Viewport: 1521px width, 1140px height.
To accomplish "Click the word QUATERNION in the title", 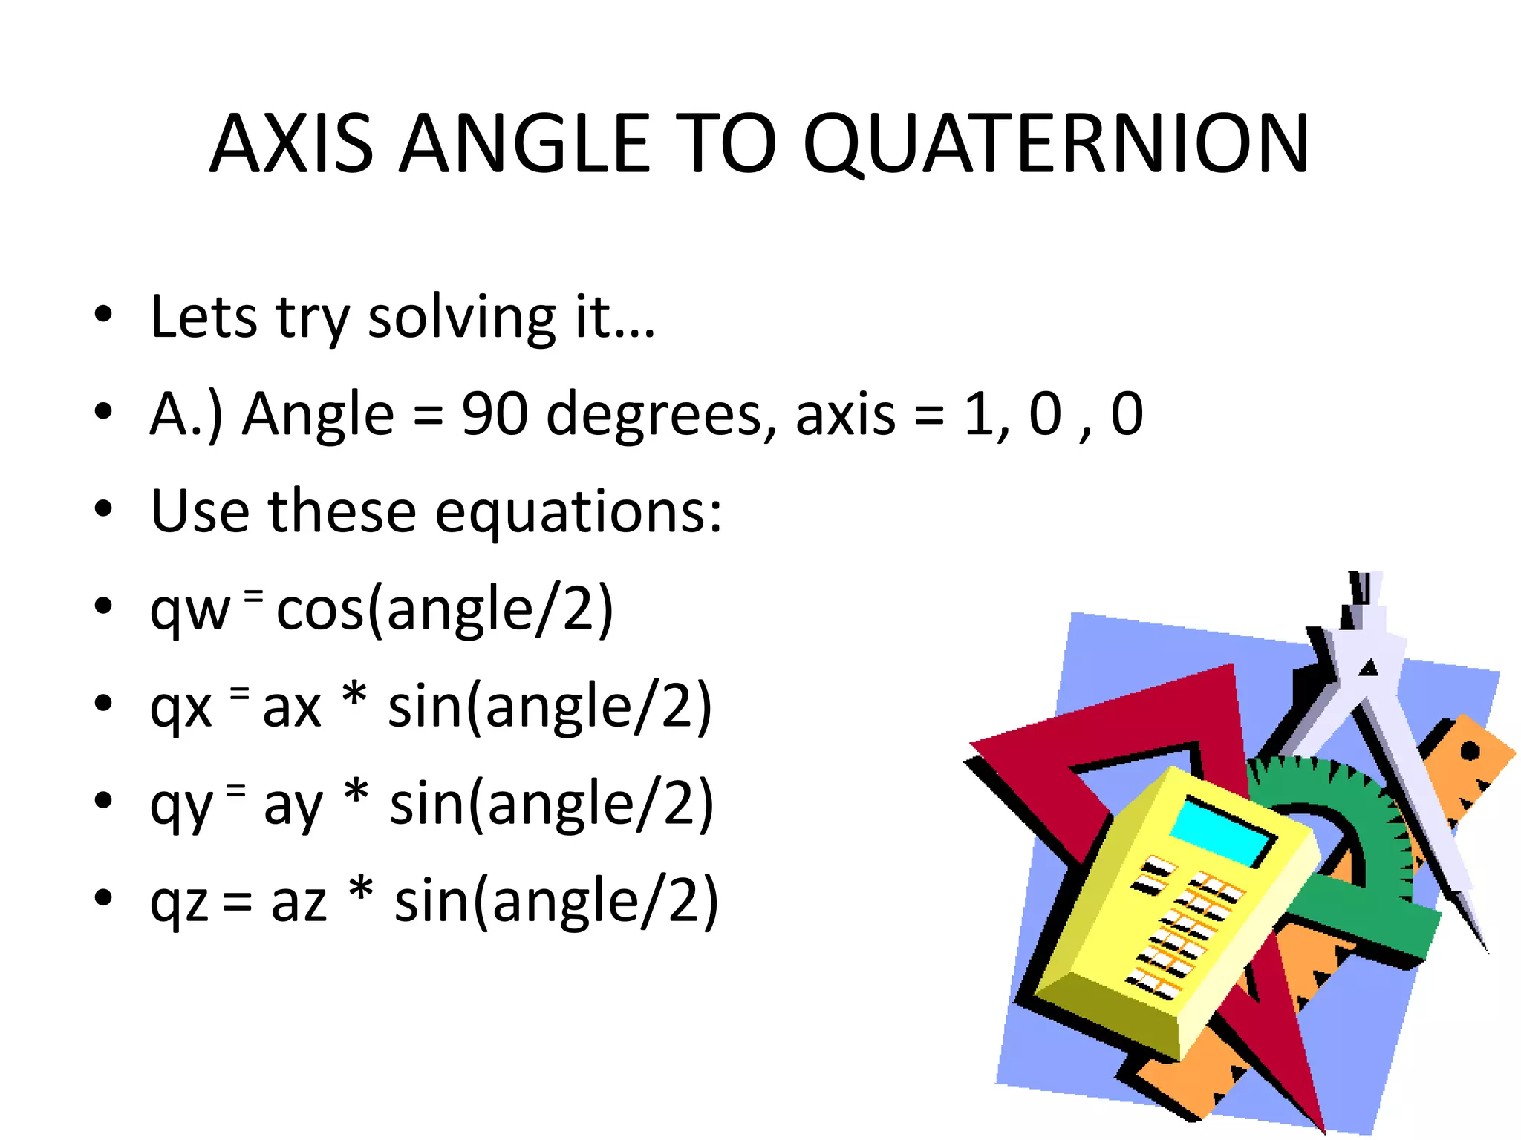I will coord(1056,145).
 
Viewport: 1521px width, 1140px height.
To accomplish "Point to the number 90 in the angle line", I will coord(495,414).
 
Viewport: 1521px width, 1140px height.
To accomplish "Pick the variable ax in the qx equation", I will coord(292,708).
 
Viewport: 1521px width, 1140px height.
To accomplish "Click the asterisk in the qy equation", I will coord(356,794).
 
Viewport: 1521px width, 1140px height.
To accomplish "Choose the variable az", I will coord(299,902).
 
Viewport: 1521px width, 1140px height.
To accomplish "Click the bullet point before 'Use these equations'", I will coord(103,510).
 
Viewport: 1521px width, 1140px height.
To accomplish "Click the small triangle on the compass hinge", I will coord(1368,668).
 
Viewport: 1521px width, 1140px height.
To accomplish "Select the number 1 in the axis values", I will coord(978,414).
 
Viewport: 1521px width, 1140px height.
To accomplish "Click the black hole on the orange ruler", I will coord(1469,752).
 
